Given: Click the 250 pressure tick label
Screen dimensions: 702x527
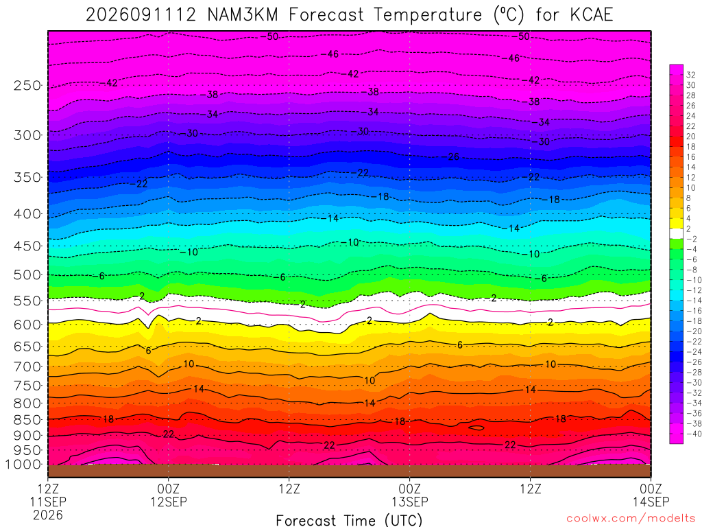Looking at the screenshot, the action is (27, 85).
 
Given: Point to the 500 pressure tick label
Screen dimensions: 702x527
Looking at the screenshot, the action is (27, 274).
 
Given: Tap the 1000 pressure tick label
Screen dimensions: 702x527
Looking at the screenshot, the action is (23, 465).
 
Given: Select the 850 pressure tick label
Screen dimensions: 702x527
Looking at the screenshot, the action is (27, 420).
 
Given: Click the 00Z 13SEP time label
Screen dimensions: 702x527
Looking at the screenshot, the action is (410, 495).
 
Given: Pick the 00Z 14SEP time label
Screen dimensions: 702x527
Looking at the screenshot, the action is (651, 495).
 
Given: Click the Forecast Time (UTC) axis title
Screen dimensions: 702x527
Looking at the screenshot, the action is (349, 520).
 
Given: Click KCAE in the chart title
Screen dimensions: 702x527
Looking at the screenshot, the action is (592, 15).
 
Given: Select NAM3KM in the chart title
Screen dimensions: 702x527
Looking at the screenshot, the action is (243, 15).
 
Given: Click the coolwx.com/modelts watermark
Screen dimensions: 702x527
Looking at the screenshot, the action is (631, 518).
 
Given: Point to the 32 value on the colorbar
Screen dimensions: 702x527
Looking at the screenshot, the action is (691, 75).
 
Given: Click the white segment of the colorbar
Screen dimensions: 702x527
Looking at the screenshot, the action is (676, 233).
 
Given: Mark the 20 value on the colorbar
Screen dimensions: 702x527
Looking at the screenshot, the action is (691, 137).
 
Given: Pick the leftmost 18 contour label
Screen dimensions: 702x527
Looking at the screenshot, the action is (108, 419).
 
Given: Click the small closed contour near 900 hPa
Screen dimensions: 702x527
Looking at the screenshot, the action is (476, 428).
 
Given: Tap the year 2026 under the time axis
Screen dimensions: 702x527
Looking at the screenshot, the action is (48, 515).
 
